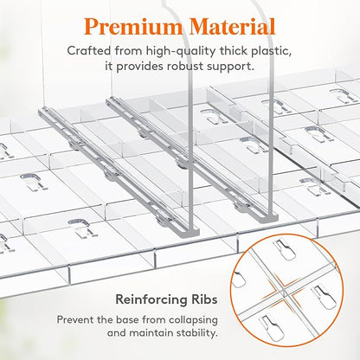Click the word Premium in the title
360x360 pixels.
point(133,27)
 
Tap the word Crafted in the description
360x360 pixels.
point(89,51)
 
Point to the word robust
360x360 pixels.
point(183,67)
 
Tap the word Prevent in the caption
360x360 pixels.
point(75,319)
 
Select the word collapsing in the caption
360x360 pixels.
point(193,320)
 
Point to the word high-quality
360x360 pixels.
point(181,51)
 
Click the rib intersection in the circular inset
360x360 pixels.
point(284,289)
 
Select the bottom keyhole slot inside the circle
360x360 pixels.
point(272,328)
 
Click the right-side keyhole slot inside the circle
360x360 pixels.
point(325,295)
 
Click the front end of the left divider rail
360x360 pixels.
point(190,231)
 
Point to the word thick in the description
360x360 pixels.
point(234,51)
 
